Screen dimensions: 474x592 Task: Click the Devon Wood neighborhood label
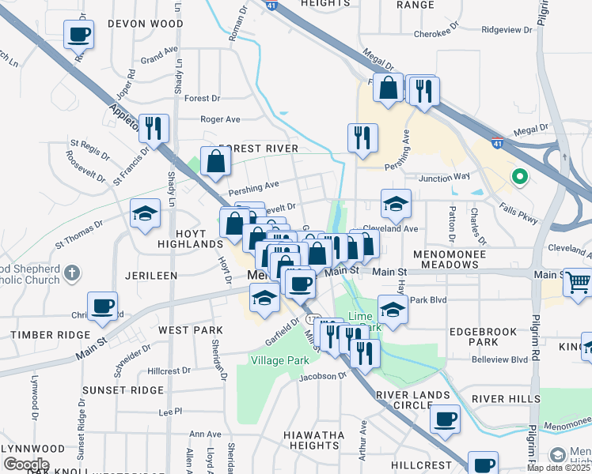click(146, 24)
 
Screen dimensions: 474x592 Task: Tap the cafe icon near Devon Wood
click(80, 35)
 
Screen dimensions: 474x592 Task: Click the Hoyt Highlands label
click(185, 245)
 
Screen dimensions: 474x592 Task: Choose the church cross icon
click(71, 273)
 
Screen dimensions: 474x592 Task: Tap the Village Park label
click(279, 360)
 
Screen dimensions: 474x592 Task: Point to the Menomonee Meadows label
click(457, 265)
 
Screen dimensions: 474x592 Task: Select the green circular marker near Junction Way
click(519, 177)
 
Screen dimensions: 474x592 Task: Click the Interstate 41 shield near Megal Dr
click(496, 144)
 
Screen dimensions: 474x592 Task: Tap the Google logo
click(25, 465)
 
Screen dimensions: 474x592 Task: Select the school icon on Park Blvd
click(392, 308)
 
